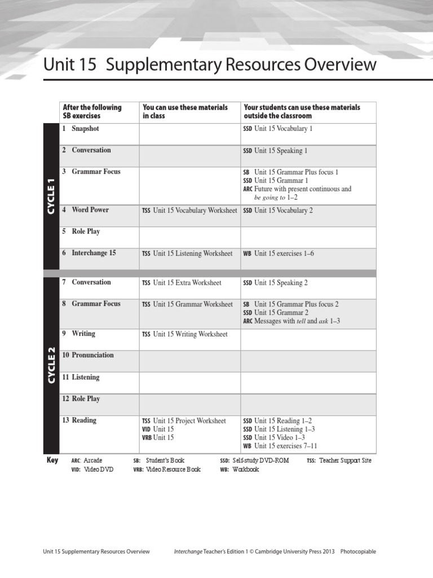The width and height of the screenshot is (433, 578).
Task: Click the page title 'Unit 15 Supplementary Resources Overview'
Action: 210,64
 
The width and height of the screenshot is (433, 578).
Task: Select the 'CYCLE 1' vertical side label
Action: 51,196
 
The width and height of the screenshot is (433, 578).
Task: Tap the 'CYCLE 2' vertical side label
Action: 51,365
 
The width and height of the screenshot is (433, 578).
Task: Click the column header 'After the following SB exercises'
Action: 92,111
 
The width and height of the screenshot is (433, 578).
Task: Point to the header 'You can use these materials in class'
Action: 185,111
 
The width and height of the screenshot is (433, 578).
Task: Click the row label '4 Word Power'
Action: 86,210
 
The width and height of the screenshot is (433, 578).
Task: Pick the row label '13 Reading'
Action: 79,420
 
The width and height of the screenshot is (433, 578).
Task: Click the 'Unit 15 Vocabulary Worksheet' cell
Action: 189,211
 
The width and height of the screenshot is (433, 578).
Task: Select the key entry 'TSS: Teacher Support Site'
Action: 339,461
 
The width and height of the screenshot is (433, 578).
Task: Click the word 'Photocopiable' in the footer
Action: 358,551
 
